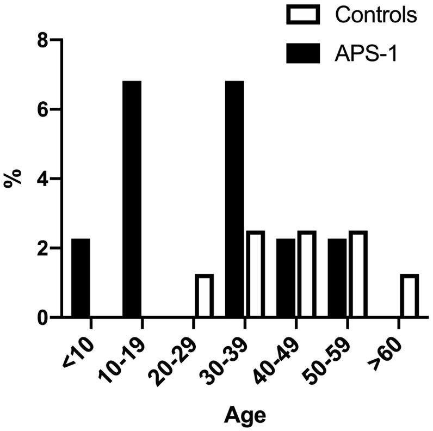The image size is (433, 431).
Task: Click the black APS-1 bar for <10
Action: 80,278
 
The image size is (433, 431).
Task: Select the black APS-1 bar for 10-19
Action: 132,199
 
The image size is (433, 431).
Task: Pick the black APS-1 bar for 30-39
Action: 234,199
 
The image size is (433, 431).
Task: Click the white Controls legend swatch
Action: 304,15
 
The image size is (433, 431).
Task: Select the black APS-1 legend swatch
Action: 304,53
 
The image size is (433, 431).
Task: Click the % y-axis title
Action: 13,178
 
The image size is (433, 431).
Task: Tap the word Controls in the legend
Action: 376,15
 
